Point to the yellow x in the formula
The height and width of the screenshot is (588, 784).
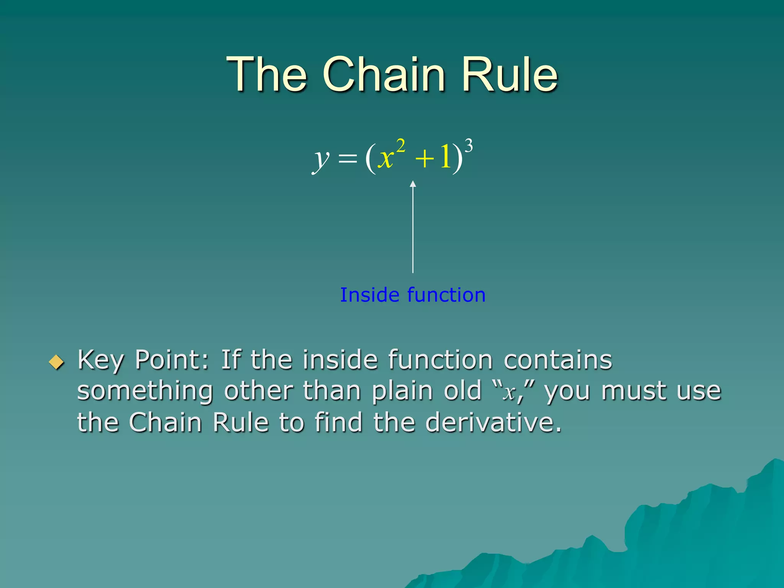point(385,158)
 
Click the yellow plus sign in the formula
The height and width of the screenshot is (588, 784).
point(425,158)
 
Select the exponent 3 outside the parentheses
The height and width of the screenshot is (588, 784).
point(469,146)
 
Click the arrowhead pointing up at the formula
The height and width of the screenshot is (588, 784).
point(413,184)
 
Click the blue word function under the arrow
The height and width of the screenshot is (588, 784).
point(446,295)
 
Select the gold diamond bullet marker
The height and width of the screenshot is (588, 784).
point(57,362)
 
